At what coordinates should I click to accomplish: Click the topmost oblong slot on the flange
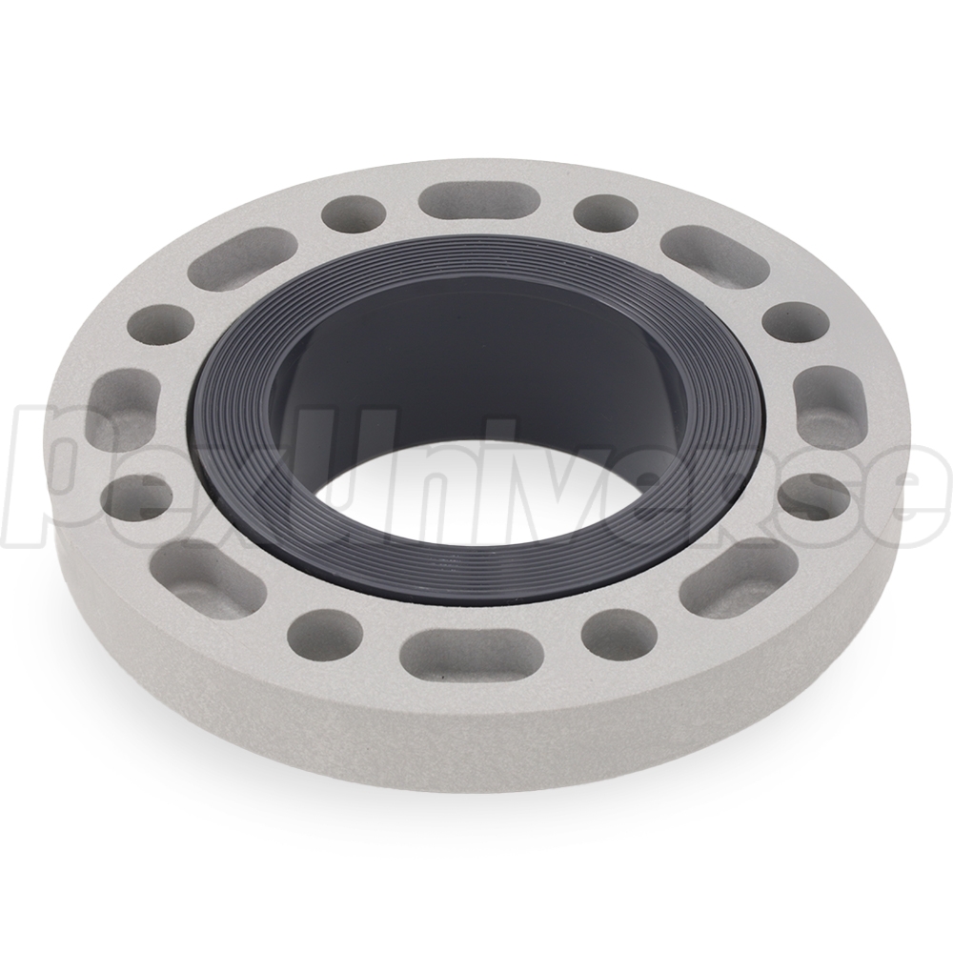tap(479, 205)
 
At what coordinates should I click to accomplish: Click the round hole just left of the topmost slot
tap(354, 214)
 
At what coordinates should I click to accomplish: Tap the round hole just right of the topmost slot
tap(606, 213)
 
